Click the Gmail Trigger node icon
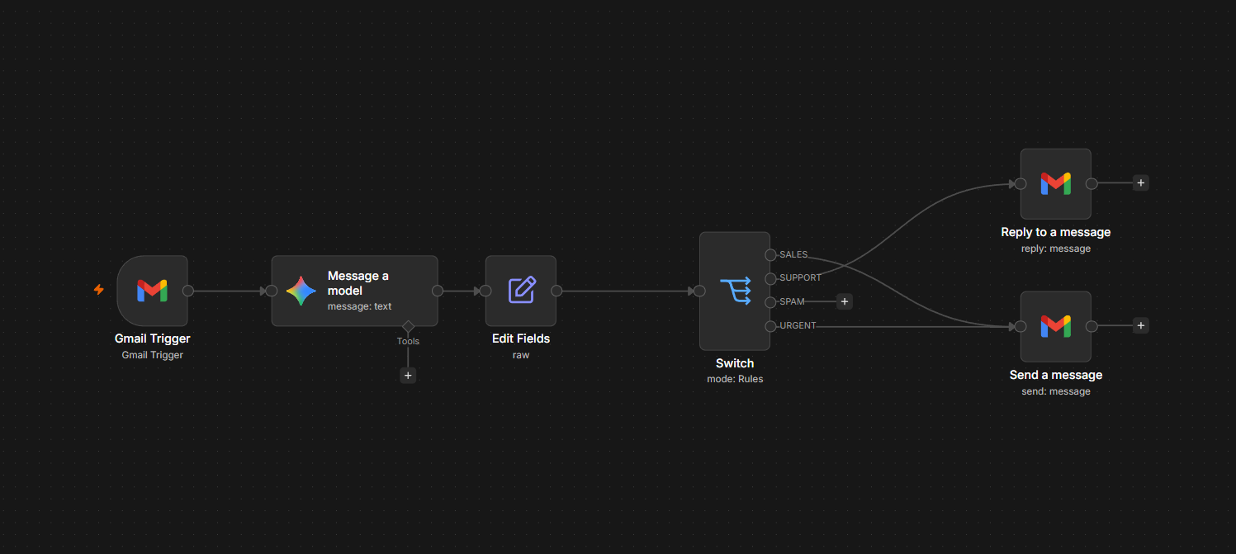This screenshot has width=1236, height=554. (152, 291)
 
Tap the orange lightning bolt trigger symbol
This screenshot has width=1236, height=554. (99, 290)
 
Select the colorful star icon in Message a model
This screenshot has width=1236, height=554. (301, 291)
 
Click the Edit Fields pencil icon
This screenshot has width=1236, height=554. (522, 291)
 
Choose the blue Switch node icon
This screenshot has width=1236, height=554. (736, 291)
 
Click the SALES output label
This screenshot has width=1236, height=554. (793, 254)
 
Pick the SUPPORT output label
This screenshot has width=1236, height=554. (800, 277)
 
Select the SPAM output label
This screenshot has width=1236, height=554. (792, 301)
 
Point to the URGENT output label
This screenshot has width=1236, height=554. (798, 325)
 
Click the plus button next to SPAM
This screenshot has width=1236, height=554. (845, 301)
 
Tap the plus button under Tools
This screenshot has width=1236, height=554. (408, 376)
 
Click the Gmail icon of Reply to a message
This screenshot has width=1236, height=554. (1055, 184)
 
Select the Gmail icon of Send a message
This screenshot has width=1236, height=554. (1055, 327)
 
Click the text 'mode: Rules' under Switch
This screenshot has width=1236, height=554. (735, 379)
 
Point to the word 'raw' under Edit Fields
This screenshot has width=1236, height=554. (521, 355)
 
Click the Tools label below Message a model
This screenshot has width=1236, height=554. (409, 341)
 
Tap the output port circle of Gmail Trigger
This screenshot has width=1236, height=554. (188, 291)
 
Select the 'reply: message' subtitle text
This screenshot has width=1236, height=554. (1055, 249)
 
